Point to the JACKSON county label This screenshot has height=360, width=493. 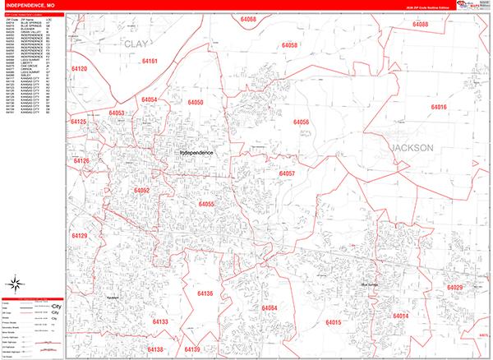point(412,148)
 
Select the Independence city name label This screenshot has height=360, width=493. point(196,153)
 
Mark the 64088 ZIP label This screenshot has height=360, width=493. point(421,25)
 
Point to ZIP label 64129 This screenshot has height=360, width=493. point(79,236)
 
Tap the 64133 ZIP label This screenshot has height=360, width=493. point(159,321)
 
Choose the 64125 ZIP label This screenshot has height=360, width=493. point(79,122)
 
